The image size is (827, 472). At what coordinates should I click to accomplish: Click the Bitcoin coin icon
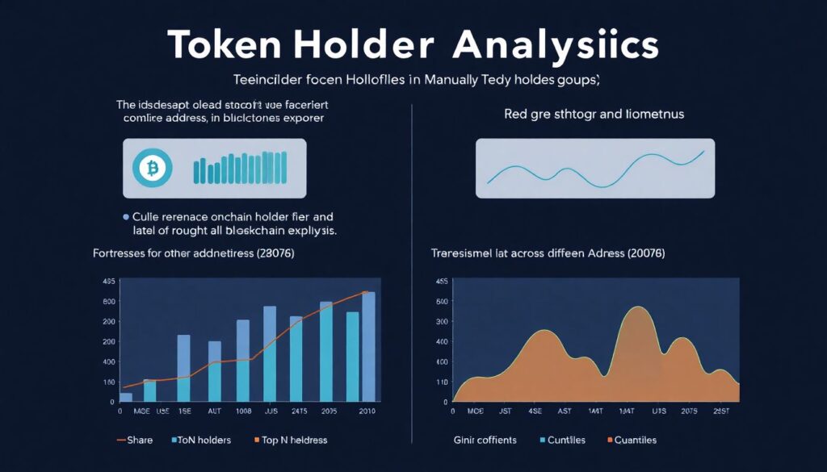(x=150, y=168)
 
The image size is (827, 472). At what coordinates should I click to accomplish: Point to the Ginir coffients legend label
(x=484, y=440)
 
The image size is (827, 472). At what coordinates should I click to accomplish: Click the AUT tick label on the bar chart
(x=214, y=411)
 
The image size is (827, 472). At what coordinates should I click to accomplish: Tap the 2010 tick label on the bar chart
(x=367, y=411)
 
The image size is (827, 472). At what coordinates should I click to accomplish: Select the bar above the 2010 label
(x=368, y=346)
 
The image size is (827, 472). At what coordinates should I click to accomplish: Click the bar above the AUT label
(x=215, y=371)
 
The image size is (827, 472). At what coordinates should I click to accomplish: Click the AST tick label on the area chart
(x=565, y=411)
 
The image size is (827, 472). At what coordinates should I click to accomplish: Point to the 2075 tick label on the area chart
(x=689, y=411)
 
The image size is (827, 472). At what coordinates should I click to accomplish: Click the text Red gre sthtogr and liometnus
(x=594, y=115)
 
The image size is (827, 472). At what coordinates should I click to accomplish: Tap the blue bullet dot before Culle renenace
(x=125, y=217)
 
